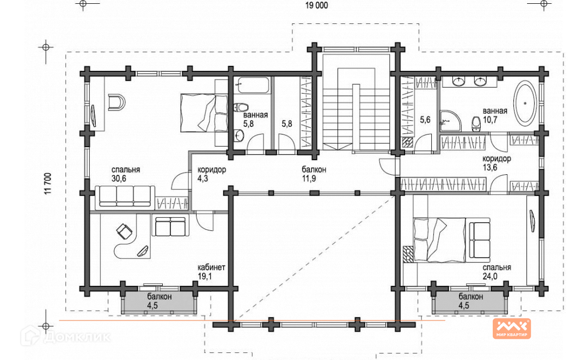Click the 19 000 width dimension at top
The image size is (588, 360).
tap(316, 5)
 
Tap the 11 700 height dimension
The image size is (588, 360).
tap(47, 184)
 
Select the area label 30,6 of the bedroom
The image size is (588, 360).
tap(119, 179)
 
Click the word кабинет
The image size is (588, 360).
tap(211, 267)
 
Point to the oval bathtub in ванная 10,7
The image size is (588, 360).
tap(525, 104)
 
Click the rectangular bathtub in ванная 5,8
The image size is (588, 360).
tap(254, 85)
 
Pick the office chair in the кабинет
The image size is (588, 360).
tap(124, 230)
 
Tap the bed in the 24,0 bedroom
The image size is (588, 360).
tap(439, 240)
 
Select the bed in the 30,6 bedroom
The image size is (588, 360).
tap(204, 113)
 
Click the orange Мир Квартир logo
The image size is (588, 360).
tap(511, 328)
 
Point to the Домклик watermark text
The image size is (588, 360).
tap(77, 337)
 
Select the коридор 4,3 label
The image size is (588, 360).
tap(212, 174)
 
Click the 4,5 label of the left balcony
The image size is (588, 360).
tap(152, 306)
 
